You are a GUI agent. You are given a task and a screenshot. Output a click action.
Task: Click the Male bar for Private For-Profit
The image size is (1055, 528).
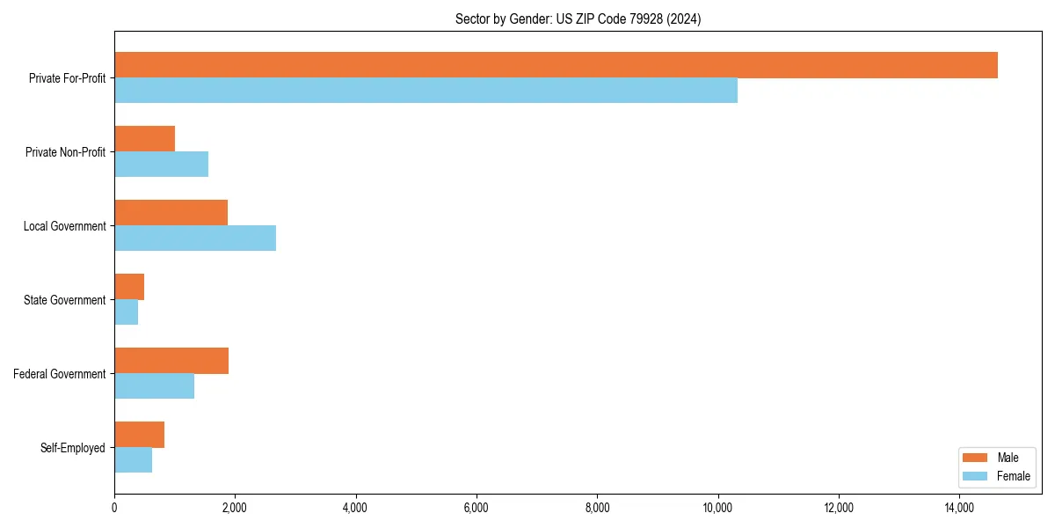pyautogui.click(x=556, y=65)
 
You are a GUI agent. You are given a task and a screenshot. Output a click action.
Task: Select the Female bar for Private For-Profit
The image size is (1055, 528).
pyautogui.click(x=426, y=91)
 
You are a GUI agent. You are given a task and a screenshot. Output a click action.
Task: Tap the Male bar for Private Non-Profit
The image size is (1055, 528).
pyautogui.click(x=144, y=139)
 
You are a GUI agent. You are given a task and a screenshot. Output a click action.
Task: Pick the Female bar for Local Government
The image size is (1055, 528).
pyautogui.click(x=195, y=238)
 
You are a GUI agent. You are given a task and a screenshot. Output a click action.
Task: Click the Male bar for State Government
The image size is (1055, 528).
pyautogui.click(x=129, y=287)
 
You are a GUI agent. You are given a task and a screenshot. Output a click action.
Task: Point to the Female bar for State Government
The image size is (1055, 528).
pyautogui.click(x=126, y=312)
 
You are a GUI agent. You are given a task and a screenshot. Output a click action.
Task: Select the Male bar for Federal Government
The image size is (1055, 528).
pyautogui.click(x=171, y=361)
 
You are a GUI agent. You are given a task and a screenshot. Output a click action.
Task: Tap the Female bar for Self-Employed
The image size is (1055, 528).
pyautogui.click(x=133, y=460)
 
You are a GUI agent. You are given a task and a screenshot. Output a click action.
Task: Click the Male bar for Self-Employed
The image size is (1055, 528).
pyautogui.click(x=139, y=435)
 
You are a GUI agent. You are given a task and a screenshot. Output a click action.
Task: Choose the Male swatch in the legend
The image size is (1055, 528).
pyautogui.click(x=976, y=458)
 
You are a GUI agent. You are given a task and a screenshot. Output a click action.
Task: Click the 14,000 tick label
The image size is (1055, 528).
pyautogui.click(x=959, y=508)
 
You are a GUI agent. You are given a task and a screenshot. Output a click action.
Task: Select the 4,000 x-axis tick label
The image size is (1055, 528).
pyautogui.click(x=355, y=508)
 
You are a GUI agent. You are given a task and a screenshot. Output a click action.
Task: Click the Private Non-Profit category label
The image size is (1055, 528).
pyautogui.click(x=65, y=152)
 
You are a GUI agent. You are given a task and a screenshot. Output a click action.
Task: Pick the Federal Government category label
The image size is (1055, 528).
pyautogui.click(x=59, y=374)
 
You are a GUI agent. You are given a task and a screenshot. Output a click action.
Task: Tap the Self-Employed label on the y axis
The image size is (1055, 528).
pyautogui.click(x=72, y=448)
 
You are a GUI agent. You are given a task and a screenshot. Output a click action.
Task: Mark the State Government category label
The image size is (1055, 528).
pyautogui.click(x=64, y=300)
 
